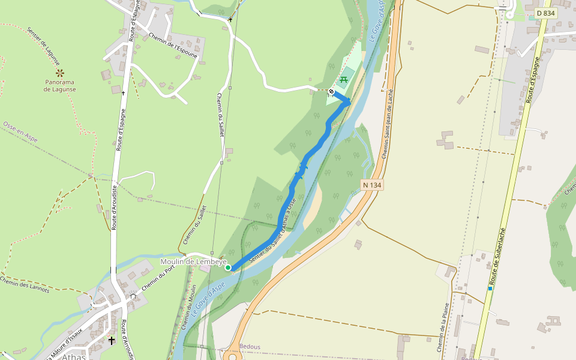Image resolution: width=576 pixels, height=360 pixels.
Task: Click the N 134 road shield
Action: [372, 185]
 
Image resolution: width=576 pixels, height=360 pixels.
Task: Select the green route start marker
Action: [228, 268]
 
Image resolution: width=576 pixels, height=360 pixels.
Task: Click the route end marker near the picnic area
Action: [331, 91]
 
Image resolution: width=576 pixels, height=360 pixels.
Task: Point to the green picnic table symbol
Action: [344, 79]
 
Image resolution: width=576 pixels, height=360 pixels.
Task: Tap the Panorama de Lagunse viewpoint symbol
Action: [59, 73]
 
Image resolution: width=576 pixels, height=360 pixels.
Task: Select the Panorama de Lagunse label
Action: [59, 86]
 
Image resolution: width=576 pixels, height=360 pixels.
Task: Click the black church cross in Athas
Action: [111, 340]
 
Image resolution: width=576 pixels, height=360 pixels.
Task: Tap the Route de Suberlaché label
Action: [496, 255]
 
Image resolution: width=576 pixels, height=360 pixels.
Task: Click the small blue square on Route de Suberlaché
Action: [490, 288]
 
